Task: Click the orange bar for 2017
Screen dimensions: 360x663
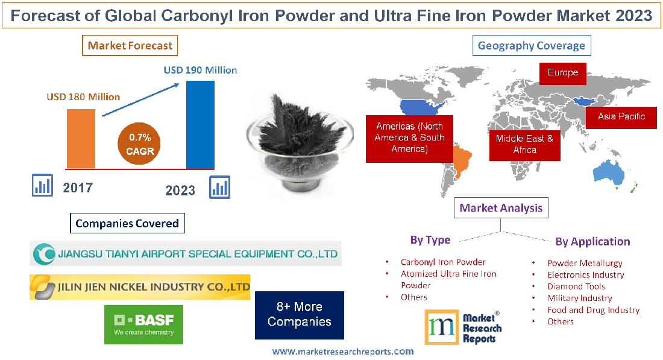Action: coord(81,139)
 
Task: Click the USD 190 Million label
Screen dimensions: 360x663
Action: coord(200,70)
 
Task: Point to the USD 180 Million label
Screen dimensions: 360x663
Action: coord(83,96)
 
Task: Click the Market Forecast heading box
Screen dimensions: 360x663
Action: coord(130,45)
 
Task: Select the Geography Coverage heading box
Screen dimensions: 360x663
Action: coord(531,45)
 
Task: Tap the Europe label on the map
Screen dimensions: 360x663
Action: coord(562,73)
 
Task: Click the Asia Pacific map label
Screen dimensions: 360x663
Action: coord(621,116)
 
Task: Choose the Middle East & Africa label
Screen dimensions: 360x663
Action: coord(524,144)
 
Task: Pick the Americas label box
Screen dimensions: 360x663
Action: coord(409,137)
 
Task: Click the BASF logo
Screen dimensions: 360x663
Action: coord(143,324)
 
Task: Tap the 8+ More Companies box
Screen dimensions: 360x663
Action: coord(299,315)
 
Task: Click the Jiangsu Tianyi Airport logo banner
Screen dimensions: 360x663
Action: coord(186,254)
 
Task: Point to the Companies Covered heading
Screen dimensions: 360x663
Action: coord(127,223)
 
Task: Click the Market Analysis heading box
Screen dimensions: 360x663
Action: coord(501,208)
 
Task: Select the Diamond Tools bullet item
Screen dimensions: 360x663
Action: coord(576,286)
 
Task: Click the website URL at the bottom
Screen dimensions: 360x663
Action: coord(343,352)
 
